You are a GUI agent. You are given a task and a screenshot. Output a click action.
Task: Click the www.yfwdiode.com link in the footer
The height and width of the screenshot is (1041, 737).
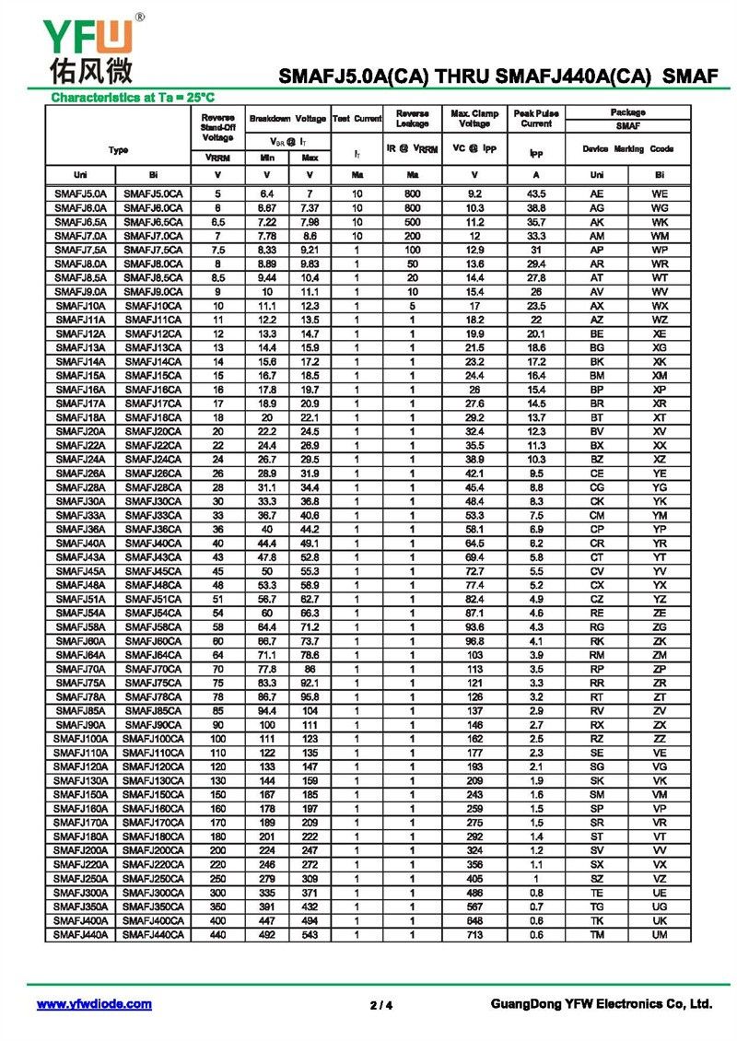(x=94, y=1004)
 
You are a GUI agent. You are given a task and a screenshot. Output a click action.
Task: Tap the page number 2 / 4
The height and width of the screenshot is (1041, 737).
(x=381, y=1005)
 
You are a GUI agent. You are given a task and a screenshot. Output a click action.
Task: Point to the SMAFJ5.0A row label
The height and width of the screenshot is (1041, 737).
(x=81, y=194)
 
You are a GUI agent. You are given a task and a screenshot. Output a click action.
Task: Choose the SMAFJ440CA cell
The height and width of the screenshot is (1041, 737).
(x=154, y=934)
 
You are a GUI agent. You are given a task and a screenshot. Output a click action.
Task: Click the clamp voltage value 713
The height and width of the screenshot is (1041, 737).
(x=474, y=934)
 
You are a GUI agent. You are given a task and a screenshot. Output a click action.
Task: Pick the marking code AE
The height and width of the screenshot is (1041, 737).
(x=597, y=194)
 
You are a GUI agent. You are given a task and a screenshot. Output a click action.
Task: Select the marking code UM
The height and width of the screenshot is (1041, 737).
(x=660, y=934)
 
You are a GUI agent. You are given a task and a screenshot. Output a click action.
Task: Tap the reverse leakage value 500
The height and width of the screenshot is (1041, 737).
(x=412, y=222)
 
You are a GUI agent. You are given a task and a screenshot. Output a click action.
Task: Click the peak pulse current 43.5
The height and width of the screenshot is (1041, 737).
(x=535, y=194)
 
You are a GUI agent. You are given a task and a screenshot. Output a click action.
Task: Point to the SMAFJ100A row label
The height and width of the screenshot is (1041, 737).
(x=81, y=739)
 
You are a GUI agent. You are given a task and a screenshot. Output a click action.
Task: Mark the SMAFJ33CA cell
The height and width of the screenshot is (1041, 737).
(x=154, y=515)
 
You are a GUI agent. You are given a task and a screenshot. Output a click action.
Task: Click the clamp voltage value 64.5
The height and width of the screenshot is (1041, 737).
(x=474, y=544)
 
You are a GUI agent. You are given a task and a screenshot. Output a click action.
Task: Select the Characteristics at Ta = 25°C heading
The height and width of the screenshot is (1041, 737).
(x=133, y=97)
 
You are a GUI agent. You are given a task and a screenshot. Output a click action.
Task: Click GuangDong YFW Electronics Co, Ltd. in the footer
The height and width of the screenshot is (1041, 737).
(x=602, y=1004)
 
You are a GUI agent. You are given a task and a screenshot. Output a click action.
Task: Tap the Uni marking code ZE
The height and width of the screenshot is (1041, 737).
(x=660, y=613)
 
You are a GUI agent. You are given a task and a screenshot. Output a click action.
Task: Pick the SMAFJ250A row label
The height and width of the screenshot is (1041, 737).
(x=81, y=878)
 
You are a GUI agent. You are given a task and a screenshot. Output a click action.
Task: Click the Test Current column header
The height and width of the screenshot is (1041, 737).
(x=357, y=118)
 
